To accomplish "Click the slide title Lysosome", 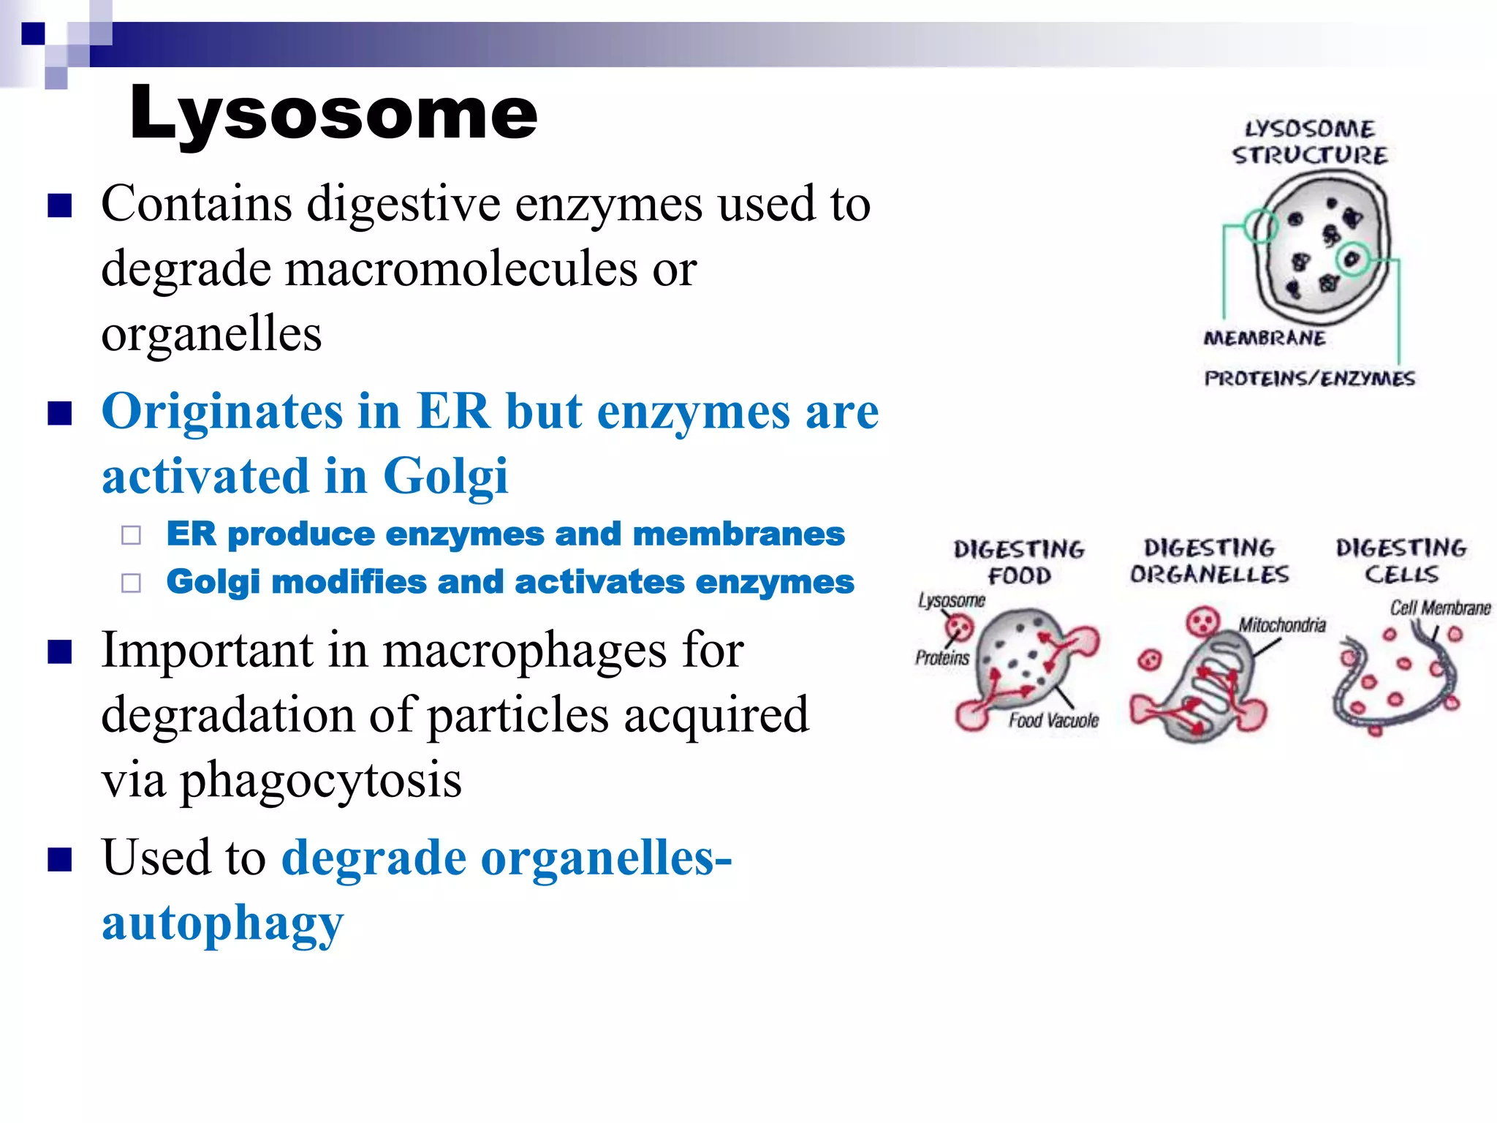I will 333,113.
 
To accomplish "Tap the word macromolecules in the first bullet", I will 461,268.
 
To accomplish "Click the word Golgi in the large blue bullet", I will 445,476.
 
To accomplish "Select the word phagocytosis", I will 321,779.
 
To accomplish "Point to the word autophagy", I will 222,923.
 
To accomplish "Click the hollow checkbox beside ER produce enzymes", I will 132,536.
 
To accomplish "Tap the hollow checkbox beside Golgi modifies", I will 132,583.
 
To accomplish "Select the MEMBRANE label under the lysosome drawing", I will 1264,338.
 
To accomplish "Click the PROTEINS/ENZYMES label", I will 1309,379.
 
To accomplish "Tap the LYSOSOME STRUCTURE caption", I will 1309,142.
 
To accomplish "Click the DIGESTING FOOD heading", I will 1019,562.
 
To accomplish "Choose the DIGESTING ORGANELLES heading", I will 1210,561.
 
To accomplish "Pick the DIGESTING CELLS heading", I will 1401,561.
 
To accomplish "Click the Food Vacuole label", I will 1053,721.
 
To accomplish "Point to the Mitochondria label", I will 1281,625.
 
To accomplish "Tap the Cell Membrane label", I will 1439,608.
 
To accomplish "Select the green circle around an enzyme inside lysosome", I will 1352,259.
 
